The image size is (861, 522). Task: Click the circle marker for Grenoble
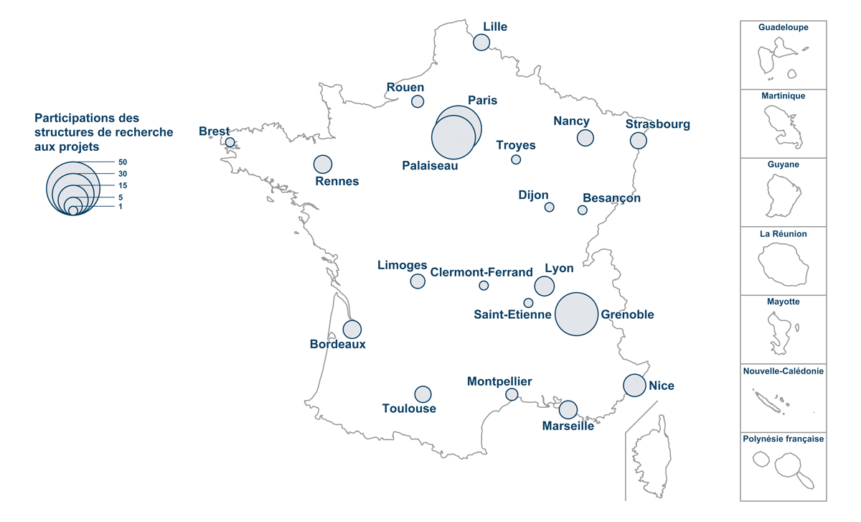pos(577,314)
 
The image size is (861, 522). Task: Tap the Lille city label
pos(495,27)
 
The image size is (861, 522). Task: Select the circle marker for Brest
pos(230,142)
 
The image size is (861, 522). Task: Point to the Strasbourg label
pos(657,124)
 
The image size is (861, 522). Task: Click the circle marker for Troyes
pos(516,159)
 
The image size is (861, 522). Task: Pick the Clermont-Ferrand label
pos(481,272)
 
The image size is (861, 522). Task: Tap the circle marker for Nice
pos(634,386)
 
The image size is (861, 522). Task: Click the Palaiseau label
pos(430,165)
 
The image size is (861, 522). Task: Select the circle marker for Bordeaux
pos(352,329)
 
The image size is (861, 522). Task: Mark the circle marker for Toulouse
pos(423,394)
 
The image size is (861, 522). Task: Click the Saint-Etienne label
pos(512,314)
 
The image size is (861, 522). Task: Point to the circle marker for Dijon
pos(549,208)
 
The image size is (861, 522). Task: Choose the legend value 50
pos(123,162)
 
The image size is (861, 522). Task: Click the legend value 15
pos(123,185)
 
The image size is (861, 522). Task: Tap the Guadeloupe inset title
pos(784,27)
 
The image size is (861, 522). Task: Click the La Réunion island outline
pos(784,264)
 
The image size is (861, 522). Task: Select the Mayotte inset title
pos(784,302)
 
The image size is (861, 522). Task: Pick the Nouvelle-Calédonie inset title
pos(784,371)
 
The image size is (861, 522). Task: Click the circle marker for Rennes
pos(323,164)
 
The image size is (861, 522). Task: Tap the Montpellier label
pos(499,381)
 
